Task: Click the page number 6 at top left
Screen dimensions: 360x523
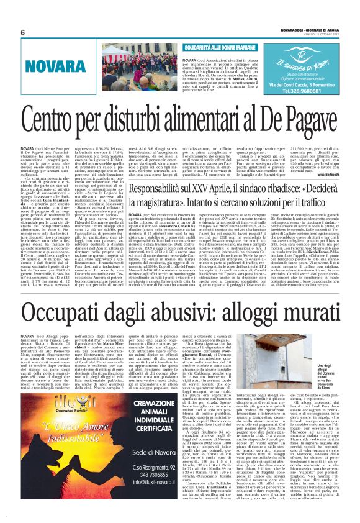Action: (22, 33)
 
